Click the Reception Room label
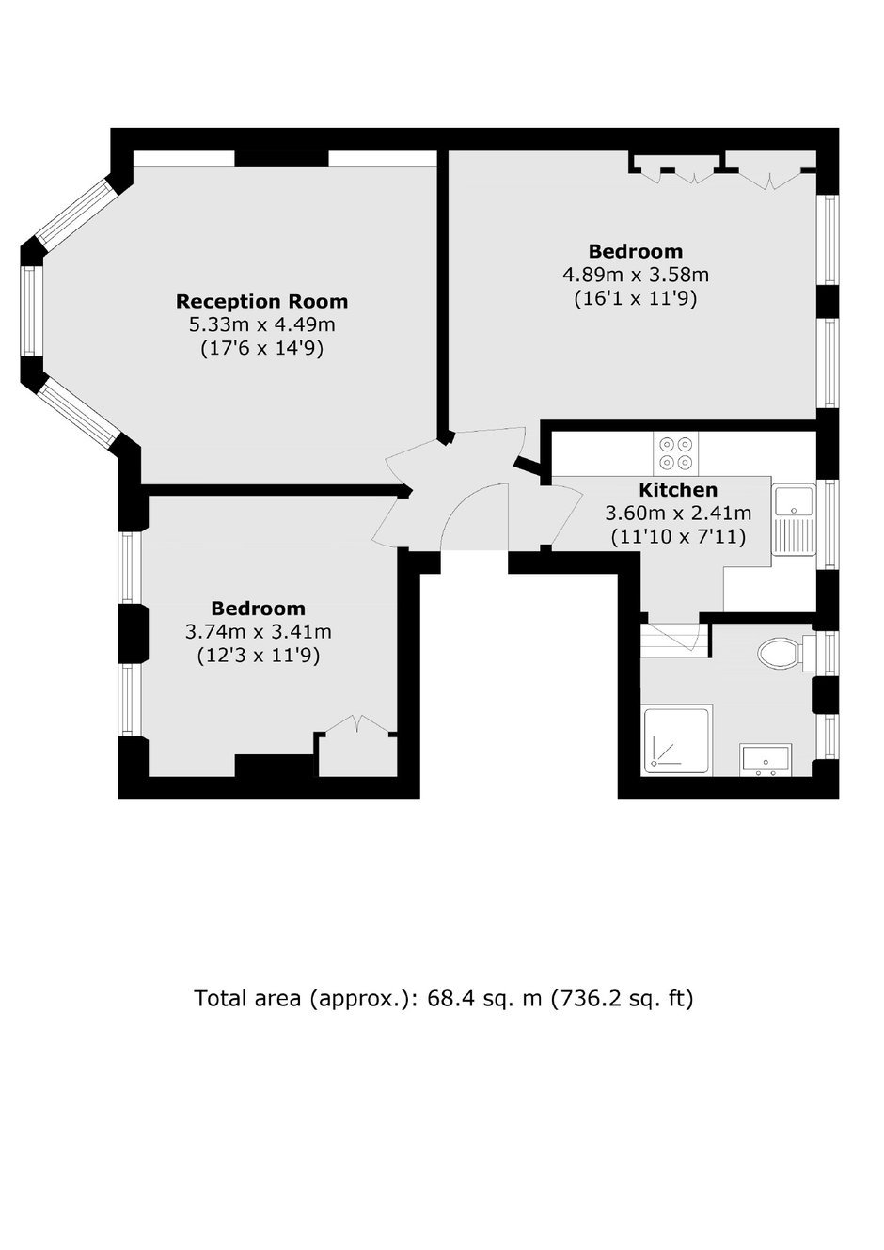coord(261,301)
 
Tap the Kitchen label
coord(677,490)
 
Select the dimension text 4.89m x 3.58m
coord(636,275)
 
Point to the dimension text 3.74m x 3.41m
coord(259,632)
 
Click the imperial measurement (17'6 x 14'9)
coord(261,349)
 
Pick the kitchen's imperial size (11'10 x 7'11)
coord(678,537)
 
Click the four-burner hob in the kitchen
coord(676,453)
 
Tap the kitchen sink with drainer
coord(794,519)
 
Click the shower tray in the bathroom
coord(677,740)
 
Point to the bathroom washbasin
coord(766,759)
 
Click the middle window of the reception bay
coord(32,310)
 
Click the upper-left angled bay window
coord(77,212)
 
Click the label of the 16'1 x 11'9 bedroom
coord(636,252)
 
